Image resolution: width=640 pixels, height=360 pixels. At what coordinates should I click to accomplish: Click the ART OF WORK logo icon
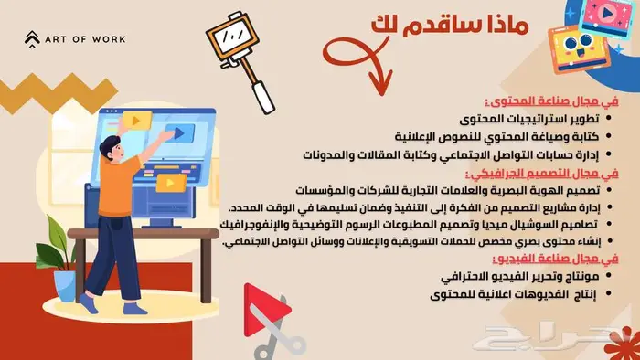click(32, 39)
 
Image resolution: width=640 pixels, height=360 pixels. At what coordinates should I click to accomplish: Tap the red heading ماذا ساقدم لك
click(450, 26)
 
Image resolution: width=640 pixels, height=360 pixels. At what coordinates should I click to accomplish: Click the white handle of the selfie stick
click(263, 97)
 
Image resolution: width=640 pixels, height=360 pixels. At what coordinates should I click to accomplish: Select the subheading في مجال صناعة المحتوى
click(552, 101)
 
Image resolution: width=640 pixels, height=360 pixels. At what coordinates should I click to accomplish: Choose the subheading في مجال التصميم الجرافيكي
click(542, 174)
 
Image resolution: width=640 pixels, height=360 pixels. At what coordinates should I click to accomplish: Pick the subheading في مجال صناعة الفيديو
click(556, 259)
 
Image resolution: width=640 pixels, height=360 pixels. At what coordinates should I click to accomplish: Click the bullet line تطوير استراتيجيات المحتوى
click(529, 119)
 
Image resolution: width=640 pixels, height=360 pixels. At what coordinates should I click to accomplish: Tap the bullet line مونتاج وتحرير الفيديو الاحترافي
click(520, 277)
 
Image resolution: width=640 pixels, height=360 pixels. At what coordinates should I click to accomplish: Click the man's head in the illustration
click(112, 148)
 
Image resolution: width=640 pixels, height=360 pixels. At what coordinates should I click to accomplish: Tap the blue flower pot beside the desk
click(65, 285)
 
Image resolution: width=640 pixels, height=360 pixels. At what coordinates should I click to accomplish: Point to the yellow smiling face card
click(579, 49)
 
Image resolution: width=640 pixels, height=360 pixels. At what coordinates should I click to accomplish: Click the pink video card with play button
click(606, 17)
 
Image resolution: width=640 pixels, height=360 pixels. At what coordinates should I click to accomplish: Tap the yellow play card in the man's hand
click(137, 121)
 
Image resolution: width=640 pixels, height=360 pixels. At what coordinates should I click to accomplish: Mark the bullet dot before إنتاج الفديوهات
click(609, 293)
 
